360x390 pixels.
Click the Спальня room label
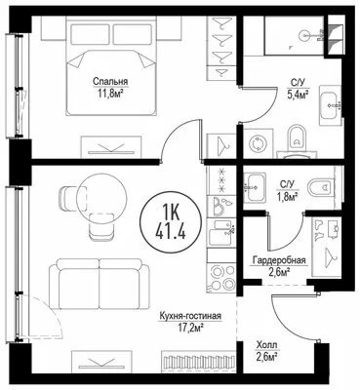tap(110, 81)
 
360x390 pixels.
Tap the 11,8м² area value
tap(110, 94)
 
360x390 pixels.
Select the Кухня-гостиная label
tap(190, 316)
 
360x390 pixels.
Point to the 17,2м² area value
tap(190, 329)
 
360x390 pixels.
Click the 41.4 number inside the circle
tap(171, 232)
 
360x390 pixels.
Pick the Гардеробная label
tap(279, 260)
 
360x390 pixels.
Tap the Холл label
tap(266, 345)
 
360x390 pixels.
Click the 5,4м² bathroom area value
tap(298, 95)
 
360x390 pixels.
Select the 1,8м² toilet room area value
tap(288, 197)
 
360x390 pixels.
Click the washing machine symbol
tap(258, 143)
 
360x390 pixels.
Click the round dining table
tap(101, 197)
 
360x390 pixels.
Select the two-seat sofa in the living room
tap(100, 284)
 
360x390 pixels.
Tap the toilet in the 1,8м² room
tap(321, 187)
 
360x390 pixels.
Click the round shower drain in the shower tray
tap(305, 34)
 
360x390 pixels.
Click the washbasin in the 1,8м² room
tap(255, 187)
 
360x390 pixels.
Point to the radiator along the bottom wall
tap(198, 361)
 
